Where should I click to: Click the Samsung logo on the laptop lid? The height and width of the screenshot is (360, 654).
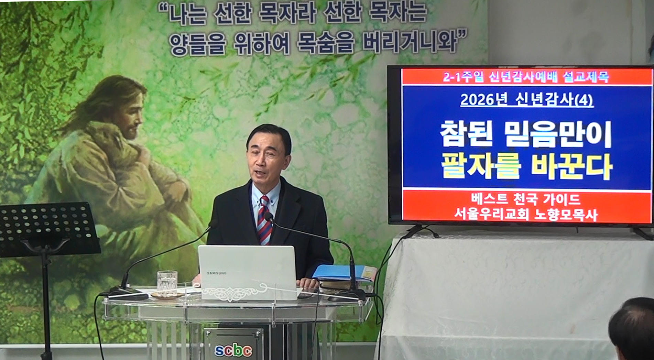point(217,273)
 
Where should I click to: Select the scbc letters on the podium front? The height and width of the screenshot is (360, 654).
point(233,350)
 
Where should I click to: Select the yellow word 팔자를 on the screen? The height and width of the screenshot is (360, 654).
point(481,167)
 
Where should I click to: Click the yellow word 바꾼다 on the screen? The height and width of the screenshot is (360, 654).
point(571,167)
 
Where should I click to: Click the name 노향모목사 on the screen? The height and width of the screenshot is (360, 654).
point(566,215)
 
